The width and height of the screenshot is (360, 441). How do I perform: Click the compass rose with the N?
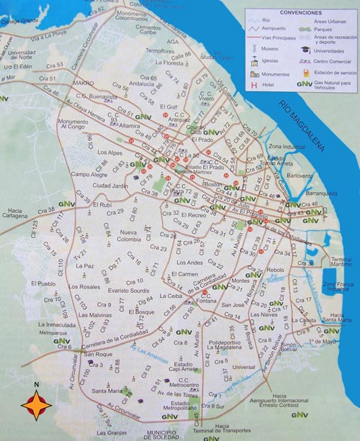coord(36,406)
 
